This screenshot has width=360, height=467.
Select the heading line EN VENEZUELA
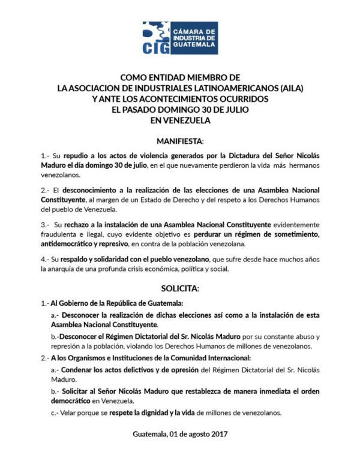click(x=179, y=120)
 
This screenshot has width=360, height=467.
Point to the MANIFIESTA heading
click(x=179, y=141)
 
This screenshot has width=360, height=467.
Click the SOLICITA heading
click(x=180, y=288)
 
